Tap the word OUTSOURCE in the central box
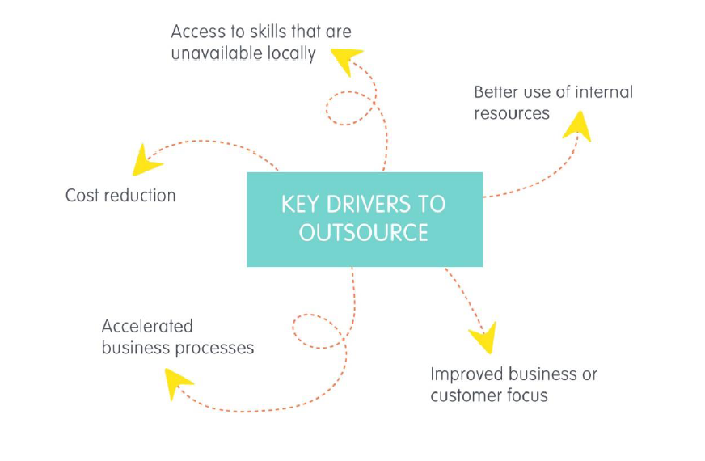(x=363, y=233)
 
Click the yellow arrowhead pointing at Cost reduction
(x=145, y=160)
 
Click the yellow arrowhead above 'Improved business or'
(x=483, y=336)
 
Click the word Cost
(x=82, y=195)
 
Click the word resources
(x=512, y=113)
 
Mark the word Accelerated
(x=147, y=326)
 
